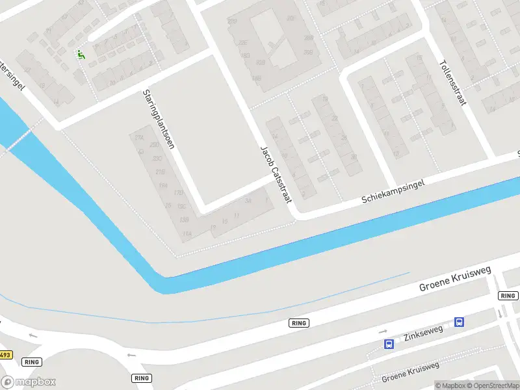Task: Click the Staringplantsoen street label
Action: coord(159,120)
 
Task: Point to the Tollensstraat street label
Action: coord(454,83)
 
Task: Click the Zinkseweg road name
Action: coord(423,333)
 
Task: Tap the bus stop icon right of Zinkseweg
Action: coord(459,322)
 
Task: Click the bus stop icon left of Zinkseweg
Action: coord(389,344)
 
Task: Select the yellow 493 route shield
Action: coord(5,355)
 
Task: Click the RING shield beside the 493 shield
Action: coord(31,361)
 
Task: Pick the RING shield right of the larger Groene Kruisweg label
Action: coord(508,296)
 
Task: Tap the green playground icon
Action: coord(81,55)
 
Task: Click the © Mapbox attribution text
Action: coord(451,385)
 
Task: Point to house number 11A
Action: coord(187,234)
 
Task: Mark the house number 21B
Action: coord(161,172)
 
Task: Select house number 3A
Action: coord(248,201)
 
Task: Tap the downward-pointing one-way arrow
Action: coord(499,313)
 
